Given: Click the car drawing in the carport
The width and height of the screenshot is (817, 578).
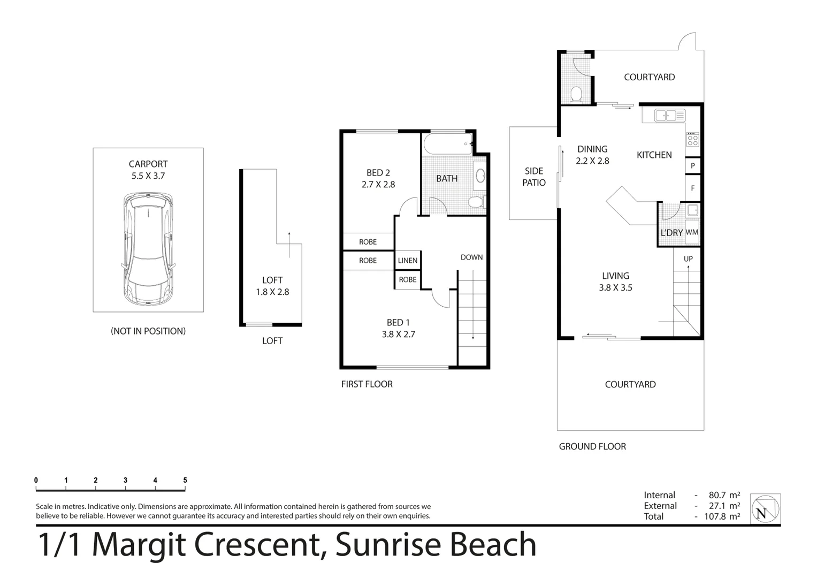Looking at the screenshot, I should (x=148, y=249).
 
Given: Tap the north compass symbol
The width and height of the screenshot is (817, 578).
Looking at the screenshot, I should (x=765, y=508).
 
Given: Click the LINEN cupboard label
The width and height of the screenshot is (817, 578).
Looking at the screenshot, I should (x=408, y=261).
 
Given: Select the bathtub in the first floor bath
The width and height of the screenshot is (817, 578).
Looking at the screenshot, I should (x=448, y=144).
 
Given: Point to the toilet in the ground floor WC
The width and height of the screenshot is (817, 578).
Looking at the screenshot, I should (x=576, y=95).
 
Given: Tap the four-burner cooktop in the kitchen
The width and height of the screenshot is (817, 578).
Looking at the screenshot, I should (x=692, y=140).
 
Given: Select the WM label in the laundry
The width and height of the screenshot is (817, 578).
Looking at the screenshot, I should (x=692, y=232).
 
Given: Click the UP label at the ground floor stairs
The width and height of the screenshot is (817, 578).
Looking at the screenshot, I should (x=688, y=259).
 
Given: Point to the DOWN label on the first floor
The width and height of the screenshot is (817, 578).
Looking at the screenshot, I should (x=471, y=257).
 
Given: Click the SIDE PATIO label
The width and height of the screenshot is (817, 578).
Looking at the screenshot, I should (x=533, y=177).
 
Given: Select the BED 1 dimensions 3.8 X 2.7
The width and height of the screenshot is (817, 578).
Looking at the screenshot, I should (x=398, y=334).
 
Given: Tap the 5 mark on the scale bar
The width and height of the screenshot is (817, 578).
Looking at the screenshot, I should (x=185, y=481).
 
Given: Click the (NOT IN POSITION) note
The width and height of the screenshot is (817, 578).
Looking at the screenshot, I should (x=148, y=331).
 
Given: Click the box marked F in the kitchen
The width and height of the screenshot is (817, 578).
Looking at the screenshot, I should (x=693, y=188).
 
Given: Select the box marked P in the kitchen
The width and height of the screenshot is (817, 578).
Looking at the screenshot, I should (x=693, y=166).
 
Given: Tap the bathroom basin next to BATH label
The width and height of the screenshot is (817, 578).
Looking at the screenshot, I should (x=480, y=176).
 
